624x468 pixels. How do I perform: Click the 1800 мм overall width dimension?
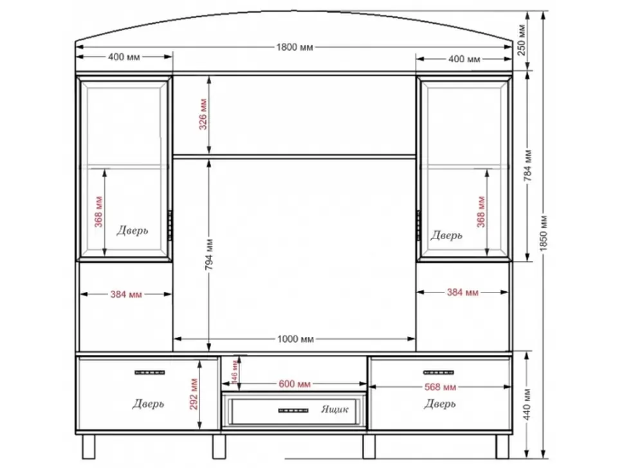click(295, 48)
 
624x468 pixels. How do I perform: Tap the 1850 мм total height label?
click(544, 233)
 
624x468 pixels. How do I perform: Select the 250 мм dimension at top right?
click(522, 40)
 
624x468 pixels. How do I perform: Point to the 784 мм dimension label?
click(528, 166)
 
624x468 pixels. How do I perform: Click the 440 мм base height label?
click(528, 404)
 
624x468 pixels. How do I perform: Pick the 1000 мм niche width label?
click(295, 339)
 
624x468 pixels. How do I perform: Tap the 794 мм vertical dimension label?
click(209, 255)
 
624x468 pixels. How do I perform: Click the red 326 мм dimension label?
click(203, 114)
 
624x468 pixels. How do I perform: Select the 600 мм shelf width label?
click(295, 384)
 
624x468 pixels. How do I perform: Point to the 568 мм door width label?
click(440, 387)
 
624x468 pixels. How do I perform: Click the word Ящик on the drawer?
click(335, 409)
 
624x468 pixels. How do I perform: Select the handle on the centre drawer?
click(293, 411)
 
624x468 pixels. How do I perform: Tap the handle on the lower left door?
click(150, 373)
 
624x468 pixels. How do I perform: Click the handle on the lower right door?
click(438, 373)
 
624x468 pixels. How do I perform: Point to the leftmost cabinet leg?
click(88, 447)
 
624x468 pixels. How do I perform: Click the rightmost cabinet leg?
click(502, 447)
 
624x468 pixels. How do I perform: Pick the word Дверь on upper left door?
click(132, 231)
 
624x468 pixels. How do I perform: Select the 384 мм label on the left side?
click(126, 294)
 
